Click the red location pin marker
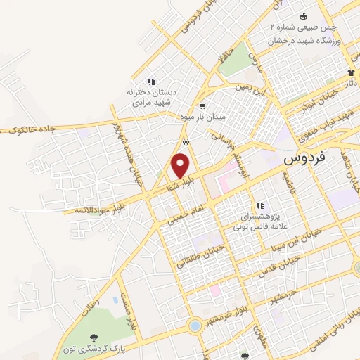(x=181, y=166)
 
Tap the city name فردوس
(x=307, y=159)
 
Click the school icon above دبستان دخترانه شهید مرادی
(x=150, y=80)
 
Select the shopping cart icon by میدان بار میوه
(x=202, y=105)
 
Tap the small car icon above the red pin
(x=184, y=141)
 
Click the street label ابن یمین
(x=252, y=91)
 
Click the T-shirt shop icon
(x=351, y=72)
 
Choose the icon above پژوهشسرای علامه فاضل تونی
(x=259, y=205)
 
